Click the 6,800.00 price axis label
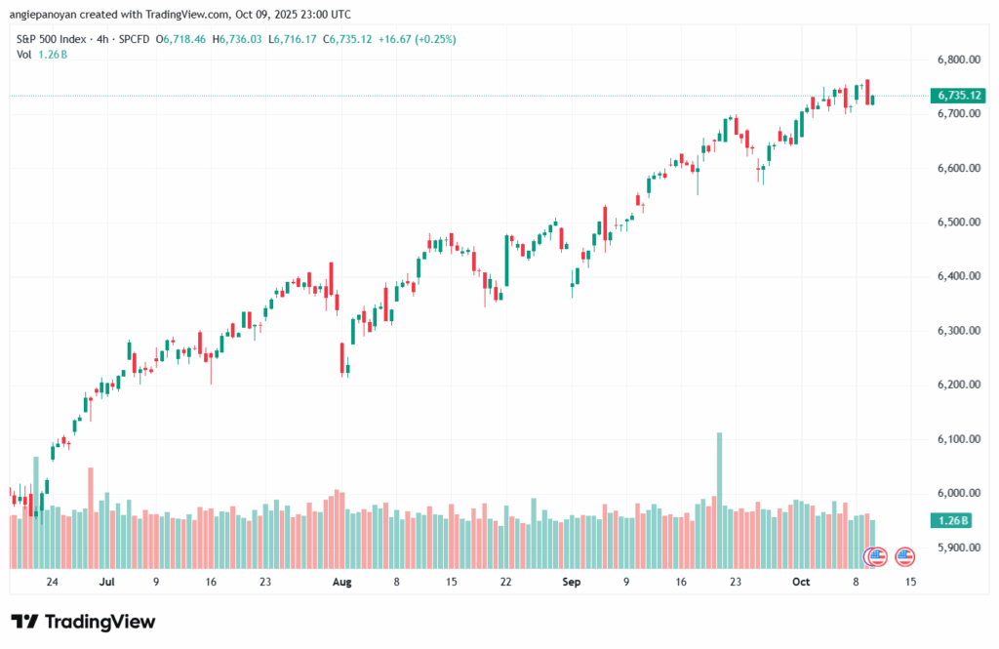955,60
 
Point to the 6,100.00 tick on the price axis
955,439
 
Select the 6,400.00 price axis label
955,277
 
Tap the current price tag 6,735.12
959,96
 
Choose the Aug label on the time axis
341,582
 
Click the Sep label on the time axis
572,582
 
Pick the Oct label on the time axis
801,582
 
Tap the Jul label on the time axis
107,582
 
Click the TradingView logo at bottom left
83,622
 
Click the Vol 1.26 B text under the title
39,54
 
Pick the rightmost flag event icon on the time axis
904,557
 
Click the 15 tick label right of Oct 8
911,582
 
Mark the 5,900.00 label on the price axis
955,548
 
